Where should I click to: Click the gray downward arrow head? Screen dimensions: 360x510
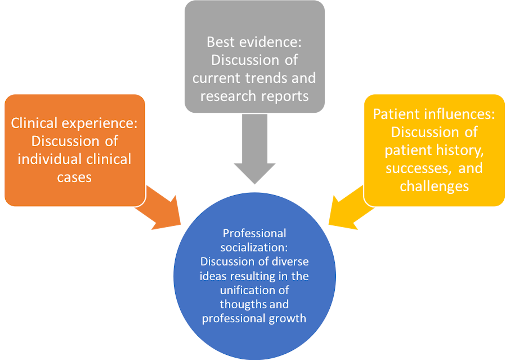pos(255,172)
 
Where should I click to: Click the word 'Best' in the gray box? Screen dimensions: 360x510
pos(221,42)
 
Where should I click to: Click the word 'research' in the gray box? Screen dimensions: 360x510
pos(228,96)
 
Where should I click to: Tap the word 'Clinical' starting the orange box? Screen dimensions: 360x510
pos(34,123)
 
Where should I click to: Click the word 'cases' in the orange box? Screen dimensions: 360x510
pos(74,177)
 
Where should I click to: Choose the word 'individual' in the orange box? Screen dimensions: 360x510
pos(49,159)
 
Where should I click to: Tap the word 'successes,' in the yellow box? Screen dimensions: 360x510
pos(418,168)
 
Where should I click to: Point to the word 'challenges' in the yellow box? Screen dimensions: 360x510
pos(434,186)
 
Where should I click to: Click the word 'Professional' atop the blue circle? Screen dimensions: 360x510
pos(254,234)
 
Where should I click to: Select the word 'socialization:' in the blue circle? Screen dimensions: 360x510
pos(254,247)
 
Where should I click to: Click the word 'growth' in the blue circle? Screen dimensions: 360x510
pos(287,319)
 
